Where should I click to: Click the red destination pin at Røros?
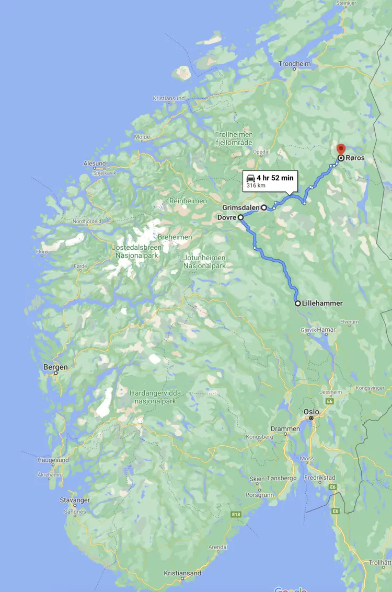coord(341,149)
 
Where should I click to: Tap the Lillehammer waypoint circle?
coord(297,303)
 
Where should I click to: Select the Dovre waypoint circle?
coord(240,217)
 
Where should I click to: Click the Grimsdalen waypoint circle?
coord(264,207)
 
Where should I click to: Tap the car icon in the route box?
coord(250,178)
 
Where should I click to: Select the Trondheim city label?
coord(294,64)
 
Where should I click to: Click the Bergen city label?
coord(55,367)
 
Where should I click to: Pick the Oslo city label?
coord(312,412)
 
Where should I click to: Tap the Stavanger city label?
coord(75,500)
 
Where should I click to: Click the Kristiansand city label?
coord(182,573)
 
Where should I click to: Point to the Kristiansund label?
coord(169,98)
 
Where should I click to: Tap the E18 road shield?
coord(236,515)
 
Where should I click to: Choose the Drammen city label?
coord(285,429)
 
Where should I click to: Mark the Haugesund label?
coord(53,460)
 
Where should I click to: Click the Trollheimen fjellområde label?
coord(234,138)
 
